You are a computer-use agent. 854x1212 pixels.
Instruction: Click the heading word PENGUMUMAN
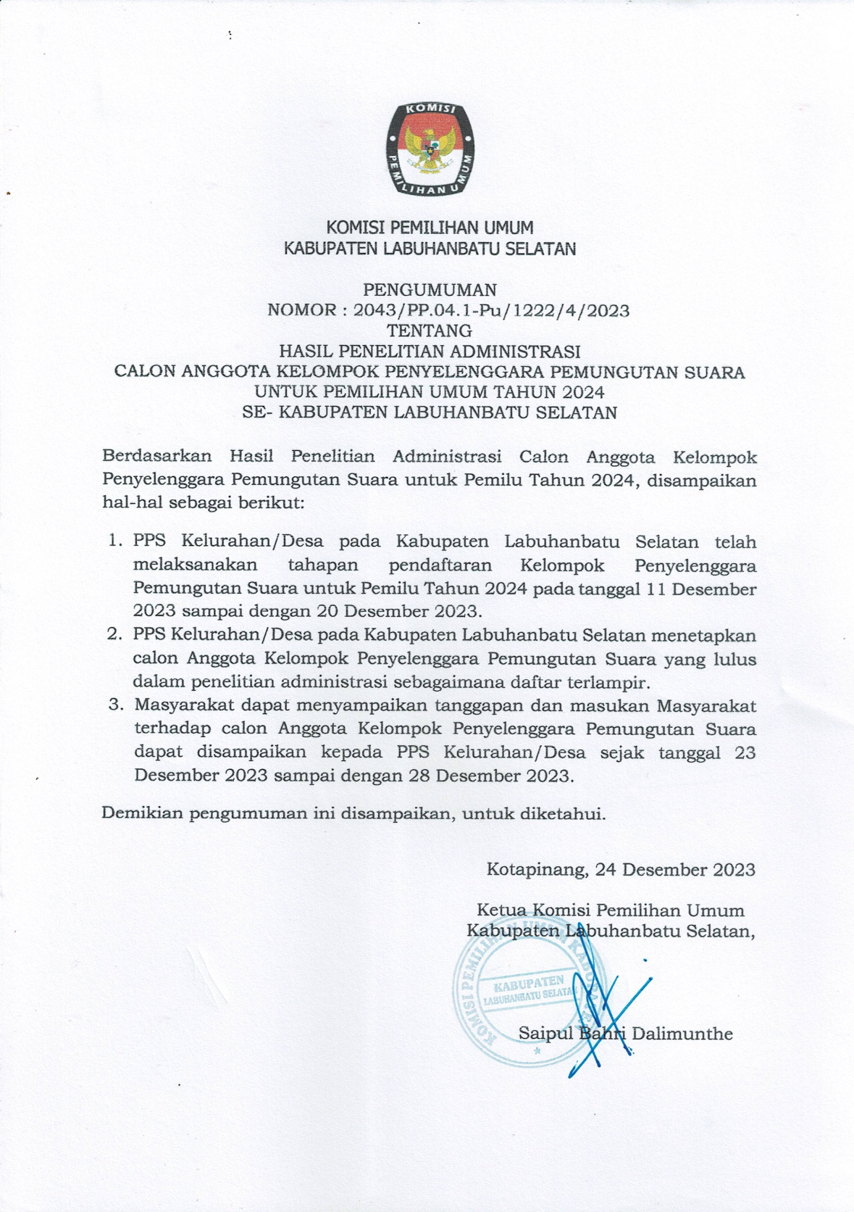[x=430, y=290]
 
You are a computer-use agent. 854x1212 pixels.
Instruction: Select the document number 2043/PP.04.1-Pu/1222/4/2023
[x=491, y=311]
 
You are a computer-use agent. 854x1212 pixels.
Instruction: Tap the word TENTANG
[x=430, y=331]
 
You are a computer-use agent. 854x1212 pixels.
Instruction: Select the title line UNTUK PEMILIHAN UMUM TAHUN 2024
[x=429, y=392]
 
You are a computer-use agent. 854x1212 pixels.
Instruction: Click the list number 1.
[x=114, y=541]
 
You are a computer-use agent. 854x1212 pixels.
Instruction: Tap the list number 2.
[x=114, y=635]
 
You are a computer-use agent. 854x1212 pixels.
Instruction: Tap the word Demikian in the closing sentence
[x=142, y=813]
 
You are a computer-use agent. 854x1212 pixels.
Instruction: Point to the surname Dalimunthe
[x=682, y=1034]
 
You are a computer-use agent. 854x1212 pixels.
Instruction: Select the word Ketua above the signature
[x=501, y=910]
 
